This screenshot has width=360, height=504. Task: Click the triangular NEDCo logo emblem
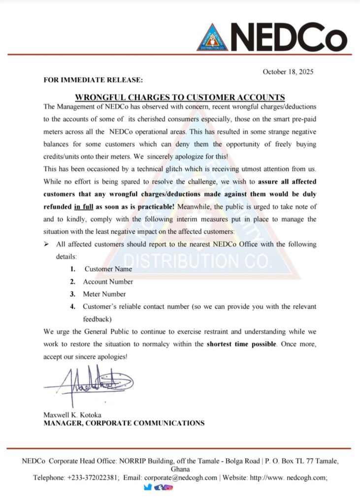point(213,37)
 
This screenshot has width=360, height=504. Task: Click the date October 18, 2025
point(288,71)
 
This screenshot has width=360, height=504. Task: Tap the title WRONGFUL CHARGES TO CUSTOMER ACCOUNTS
point(180,97)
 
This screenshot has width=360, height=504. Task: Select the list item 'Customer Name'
point(108,269)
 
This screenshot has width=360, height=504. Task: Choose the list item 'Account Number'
point(108,282)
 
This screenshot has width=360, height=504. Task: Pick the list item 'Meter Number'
point(104,294)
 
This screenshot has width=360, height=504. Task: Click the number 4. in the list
point(72,307)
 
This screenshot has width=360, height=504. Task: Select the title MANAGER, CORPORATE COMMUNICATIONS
point(124,423)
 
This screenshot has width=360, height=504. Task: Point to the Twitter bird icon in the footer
point(148,487)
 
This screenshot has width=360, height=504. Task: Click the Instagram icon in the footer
point(168,487)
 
